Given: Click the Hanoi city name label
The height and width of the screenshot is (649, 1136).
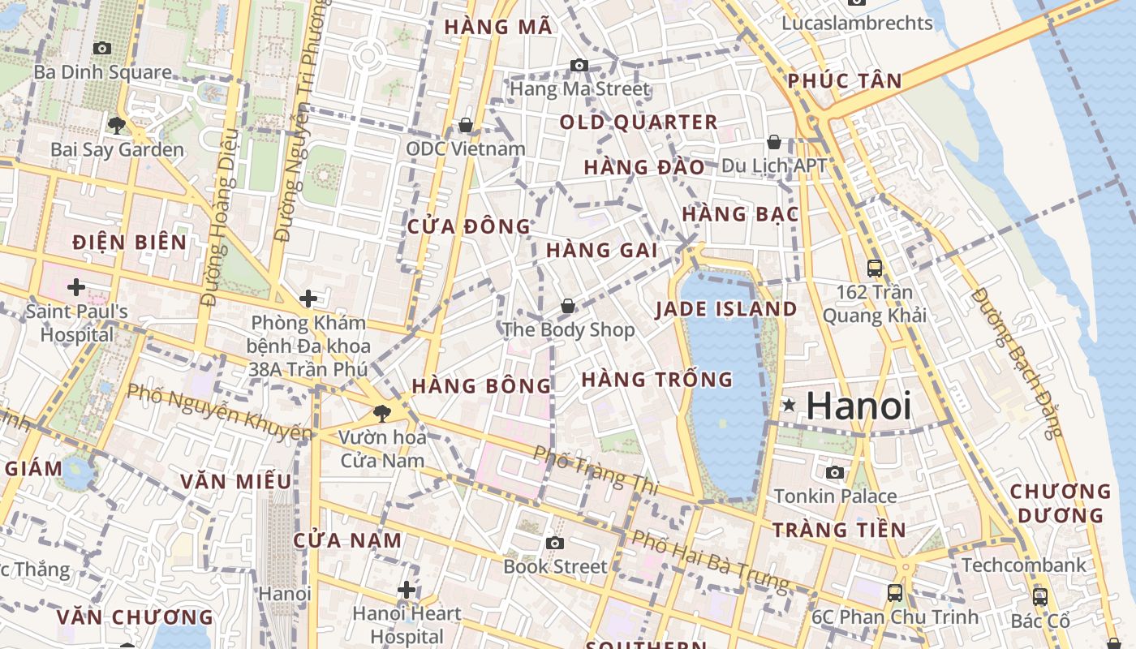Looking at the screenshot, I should tap(858, 406).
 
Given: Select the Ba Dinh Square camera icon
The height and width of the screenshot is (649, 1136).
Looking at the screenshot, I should tap(102, 49).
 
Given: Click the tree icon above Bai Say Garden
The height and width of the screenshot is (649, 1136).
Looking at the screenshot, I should tap(117, 125).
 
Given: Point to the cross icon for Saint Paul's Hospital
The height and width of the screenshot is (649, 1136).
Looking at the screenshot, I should tap(76, 286).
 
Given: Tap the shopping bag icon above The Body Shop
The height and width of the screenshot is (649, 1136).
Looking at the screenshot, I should tap(568, 306).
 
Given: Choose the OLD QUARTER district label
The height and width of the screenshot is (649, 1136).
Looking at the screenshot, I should tap(639, 122).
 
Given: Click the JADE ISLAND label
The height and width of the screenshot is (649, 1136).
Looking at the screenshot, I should tap(725, 309).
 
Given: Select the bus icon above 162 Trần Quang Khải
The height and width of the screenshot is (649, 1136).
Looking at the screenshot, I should tap(875, 268).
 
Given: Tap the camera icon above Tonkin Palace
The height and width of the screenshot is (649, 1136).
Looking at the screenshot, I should tap(835, 472).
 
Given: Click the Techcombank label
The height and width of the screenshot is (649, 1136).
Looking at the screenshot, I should tap(1023, 565).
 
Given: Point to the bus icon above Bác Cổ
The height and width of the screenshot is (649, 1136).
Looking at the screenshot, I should tap(1040, 597).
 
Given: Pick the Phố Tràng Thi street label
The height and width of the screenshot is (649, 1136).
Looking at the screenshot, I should tap(596, 469).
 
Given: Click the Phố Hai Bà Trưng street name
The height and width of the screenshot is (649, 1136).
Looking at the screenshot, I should tap(710, 561).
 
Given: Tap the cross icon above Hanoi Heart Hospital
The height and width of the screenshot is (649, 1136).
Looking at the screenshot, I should tap(407, 590).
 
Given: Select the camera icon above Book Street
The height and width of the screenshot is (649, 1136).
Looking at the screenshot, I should tap(555, 543).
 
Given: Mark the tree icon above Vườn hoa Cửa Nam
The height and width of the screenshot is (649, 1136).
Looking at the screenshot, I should tap(382, 414).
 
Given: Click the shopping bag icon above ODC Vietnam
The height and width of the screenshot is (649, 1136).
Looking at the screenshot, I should tap(466, 125).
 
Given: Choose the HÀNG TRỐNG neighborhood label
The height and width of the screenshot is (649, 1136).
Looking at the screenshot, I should tap(656, 379).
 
